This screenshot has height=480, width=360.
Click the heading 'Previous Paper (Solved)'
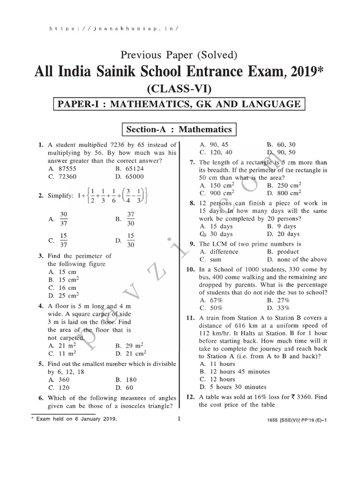pos(180,55)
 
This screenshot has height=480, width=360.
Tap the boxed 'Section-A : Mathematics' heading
pos(177,129)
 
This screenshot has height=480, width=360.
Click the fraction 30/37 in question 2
pos(64,218)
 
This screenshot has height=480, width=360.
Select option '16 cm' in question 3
pos(67,288)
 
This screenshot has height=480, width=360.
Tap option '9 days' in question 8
pos(284,226)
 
